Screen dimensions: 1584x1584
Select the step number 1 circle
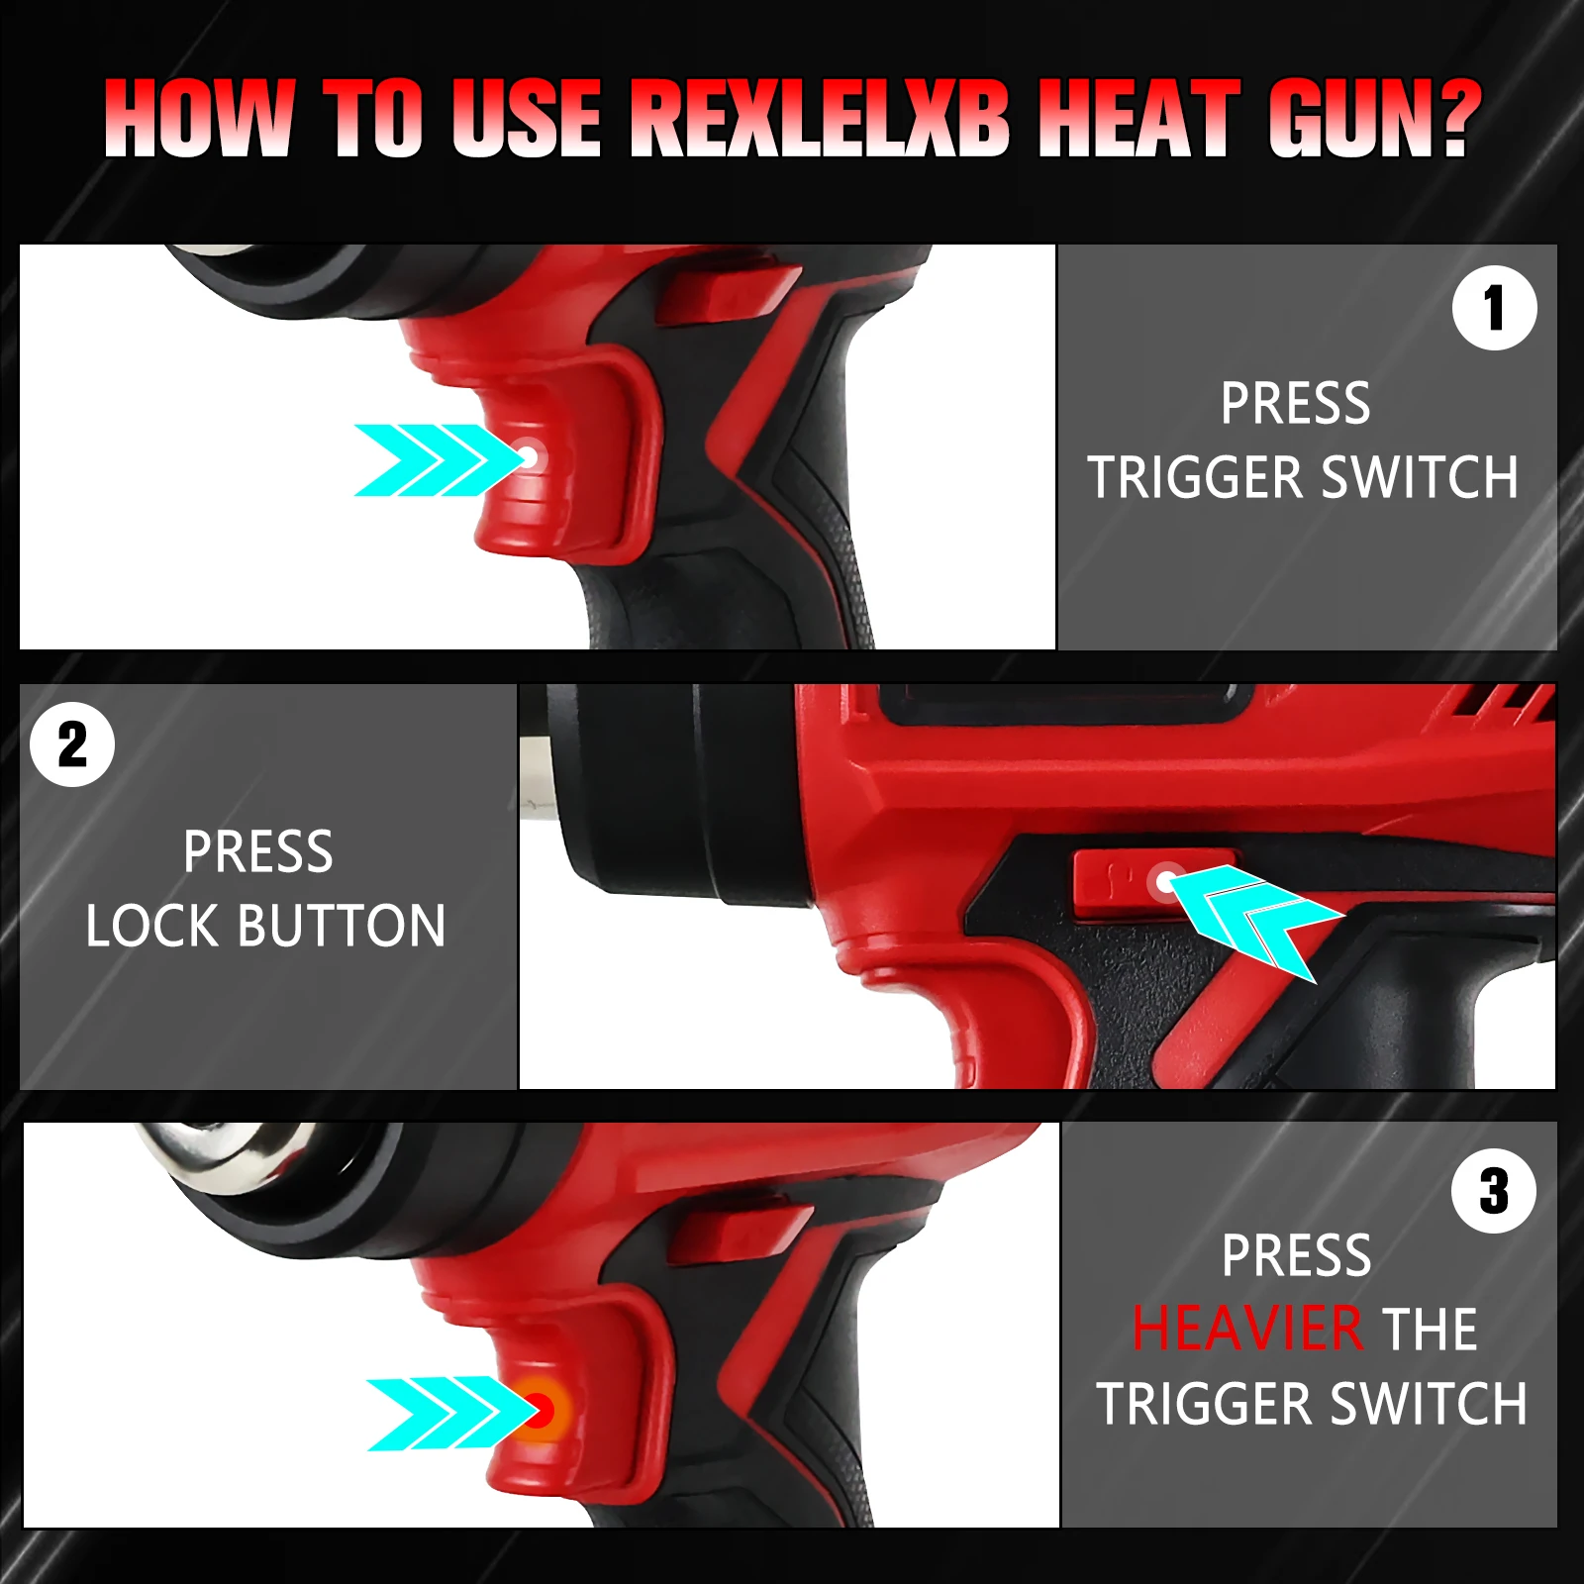[1494, 308]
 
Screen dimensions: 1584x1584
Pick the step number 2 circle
[72, 744]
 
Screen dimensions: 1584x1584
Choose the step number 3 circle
[1494, 1191]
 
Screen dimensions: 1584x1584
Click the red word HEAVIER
[1247, 1329]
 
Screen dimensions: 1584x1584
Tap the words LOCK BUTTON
[265, 927]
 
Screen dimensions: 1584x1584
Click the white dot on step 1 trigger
[529, 456]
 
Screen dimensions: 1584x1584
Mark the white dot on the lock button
[1165, 879]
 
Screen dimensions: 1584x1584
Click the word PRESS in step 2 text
[258, 852]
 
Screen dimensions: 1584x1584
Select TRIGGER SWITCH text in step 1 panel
[1303, 478]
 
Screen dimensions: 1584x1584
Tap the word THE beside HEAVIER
[1429, 1329]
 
